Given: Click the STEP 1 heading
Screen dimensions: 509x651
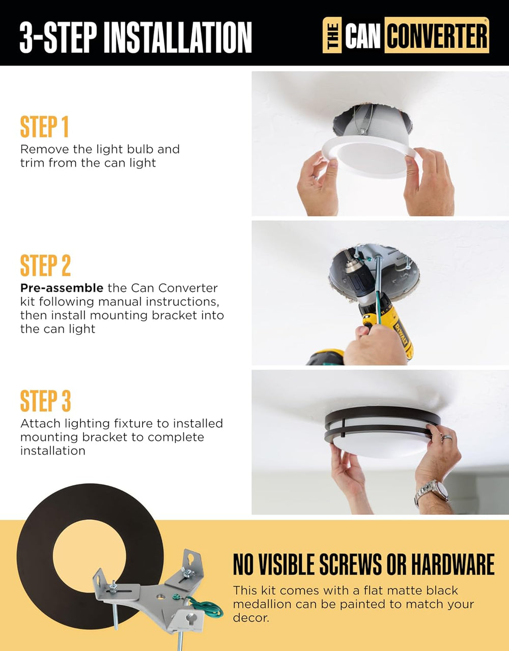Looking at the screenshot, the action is coord(44,127).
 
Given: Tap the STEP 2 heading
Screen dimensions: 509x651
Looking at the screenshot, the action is coord(45,265).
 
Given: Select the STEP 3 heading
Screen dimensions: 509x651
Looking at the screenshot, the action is coord(45,401).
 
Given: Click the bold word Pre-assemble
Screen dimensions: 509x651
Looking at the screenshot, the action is coord(62,288).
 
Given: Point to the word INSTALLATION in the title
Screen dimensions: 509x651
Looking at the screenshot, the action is coord(178,38).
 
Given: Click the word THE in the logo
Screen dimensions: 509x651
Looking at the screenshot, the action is coord(332,36).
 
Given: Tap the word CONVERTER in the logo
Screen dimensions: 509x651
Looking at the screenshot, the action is coord(437,36).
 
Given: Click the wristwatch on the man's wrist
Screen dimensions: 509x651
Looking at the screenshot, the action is coord(432,492).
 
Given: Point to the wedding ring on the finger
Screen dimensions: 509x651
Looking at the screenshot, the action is coord(447,438).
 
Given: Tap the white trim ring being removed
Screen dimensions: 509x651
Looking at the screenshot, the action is coord(369,156).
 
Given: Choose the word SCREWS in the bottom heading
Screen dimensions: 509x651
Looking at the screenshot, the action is coord(350,565).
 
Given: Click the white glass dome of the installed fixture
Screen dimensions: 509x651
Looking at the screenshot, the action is coord(378,444).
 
